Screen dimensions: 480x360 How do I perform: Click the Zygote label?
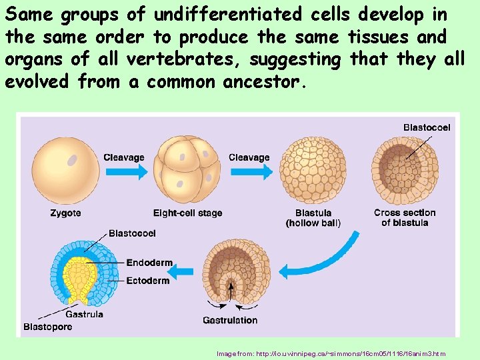click(x=65, y=213)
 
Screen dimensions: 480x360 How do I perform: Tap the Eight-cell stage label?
click(x=187, y=213)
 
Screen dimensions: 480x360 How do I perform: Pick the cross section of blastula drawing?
click(x=405, y=171)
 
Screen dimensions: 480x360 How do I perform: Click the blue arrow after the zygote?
click(x=124, y=171)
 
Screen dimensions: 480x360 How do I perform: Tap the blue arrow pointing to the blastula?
click(x=249, y=171)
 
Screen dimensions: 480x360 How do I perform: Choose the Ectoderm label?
click(x=147, y=281)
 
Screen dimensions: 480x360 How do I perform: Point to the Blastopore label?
click(x=47, y=327)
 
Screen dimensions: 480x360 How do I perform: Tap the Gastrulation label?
click(x=230, y=320)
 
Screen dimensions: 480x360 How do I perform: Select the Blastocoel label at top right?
click(x=427, y=127)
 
